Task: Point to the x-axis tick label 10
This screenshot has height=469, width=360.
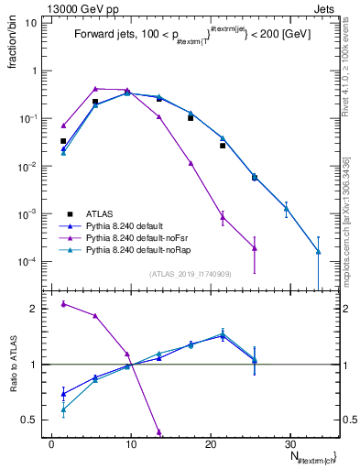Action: (x=131, y=442)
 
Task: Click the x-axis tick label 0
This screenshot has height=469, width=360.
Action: (x=51, y=442)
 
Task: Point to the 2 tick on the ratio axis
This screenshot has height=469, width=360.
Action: (x=38, y=309)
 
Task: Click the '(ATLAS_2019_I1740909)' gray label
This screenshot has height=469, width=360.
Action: (x=191, y=274)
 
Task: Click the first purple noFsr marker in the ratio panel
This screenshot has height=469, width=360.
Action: (x=63, y=303)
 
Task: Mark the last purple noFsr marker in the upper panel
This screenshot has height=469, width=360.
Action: (x=255, y=248)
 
